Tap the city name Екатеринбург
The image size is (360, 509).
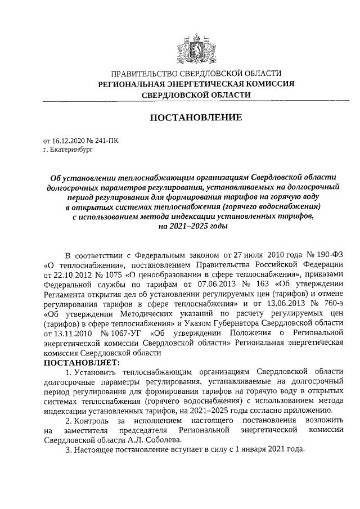[69, 151]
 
